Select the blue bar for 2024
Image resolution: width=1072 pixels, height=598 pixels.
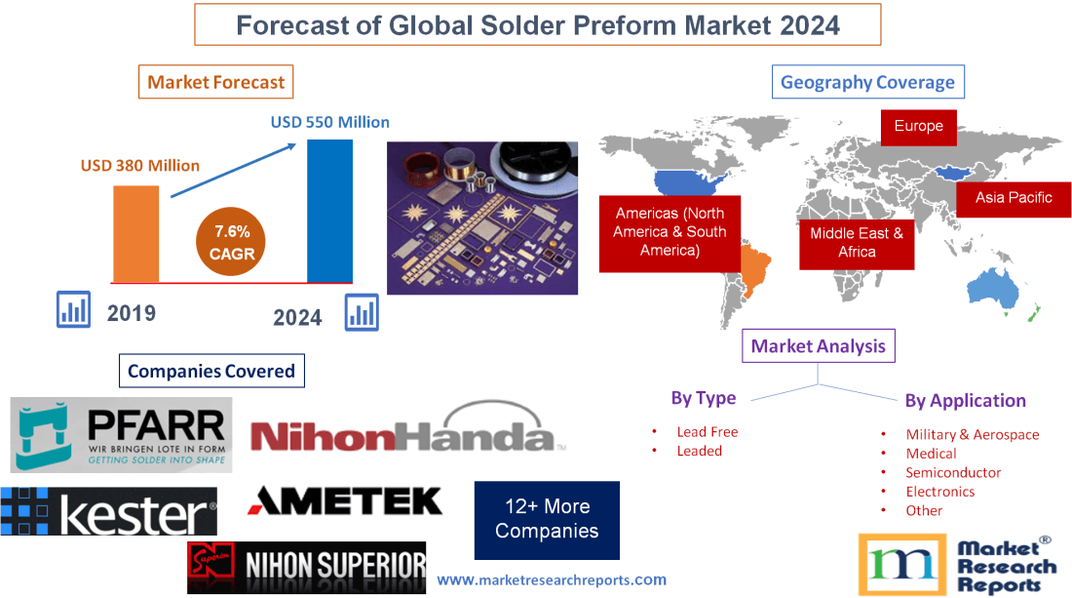click(328, 210)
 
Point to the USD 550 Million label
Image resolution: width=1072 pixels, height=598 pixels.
click(329, 122)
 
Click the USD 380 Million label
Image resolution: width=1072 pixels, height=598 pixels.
click(139, 165)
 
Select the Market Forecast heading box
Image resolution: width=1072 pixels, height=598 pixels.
click(215, 82)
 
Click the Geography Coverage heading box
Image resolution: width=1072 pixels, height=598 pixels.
click(867, 82)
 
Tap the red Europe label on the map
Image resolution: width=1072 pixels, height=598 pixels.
click(918, 126)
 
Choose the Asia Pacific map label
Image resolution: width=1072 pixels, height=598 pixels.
click(1014, 197)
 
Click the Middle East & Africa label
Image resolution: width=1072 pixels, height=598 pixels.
click(857, 243)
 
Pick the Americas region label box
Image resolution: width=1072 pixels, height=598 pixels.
click(670, 232)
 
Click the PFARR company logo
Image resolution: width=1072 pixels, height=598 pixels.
click(122, 434)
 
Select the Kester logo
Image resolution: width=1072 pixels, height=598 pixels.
click(108, 512)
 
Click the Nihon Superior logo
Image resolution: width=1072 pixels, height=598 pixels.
click(306, 567)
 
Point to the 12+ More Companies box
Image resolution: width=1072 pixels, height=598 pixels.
click(547, 519)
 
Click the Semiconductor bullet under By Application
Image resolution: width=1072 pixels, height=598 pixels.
click(953, 472)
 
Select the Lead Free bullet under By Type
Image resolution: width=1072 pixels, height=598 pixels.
click(707, 431)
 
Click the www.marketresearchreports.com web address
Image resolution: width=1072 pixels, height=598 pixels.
click(552, 579)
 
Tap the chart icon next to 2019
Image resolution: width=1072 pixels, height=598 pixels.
click(73, 310)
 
